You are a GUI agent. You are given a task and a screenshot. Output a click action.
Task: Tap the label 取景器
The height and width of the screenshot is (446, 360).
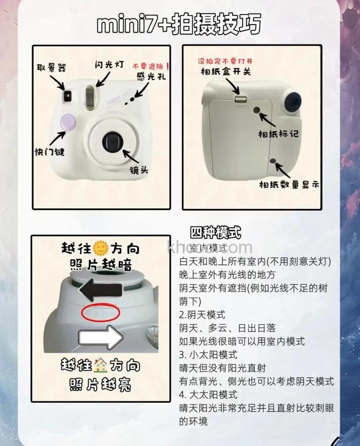coord(52,68)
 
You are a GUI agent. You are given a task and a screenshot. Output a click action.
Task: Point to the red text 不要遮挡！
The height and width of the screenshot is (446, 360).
coord(151,65)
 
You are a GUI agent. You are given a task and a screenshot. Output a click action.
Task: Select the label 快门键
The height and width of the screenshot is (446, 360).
coord(49,152)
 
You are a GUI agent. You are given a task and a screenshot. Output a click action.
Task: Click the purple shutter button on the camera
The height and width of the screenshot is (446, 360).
coord(67,122)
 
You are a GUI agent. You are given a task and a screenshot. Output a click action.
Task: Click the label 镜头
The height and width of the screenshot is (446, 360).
coord(137,170)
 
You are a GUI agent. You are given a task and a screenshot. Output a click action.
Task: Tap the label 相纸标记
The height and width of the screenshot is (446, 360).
coord(278,134)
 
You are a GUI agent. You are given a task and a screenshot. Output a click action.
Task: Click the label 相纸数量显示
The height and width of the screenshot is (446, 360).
coord(289,184)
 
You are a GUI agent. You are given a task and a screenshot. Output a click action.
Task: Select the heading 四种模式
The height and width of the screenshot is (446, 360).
coord(216,233)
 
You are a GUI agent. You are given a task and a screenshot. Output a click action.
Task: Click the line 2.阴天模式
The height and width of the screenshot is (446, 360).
coord(202,314)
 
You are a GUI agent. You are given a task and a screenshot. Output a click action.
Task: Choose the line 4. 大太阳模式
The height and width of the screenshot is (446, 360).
coord(208,395)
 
